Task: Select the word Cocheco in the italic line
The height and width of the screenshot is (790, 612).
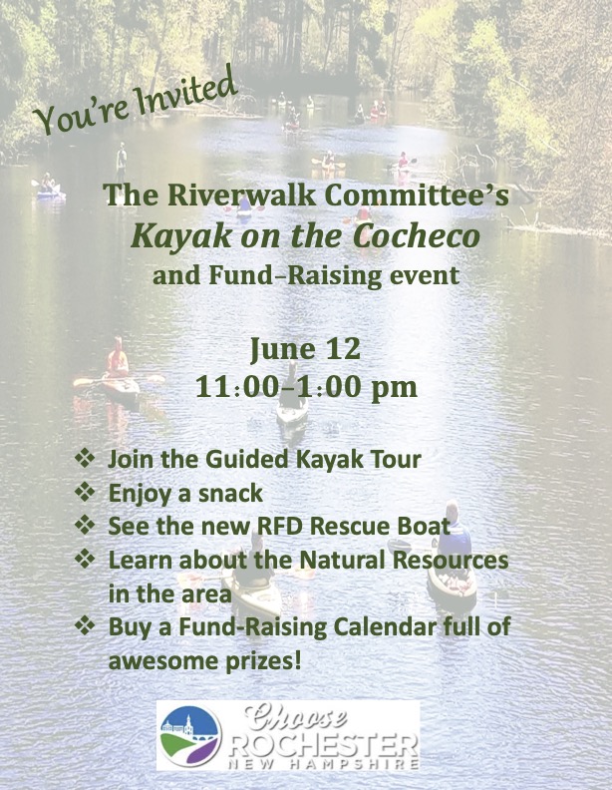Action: pyautogui.click(x=416, y=235)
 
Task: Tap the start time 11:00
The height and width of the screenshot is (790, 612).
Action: pyautogui.click(x=236, y=387)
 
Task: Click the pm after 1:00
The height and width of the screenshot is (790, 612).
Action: pyautogui.click(x=394, y=389)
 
